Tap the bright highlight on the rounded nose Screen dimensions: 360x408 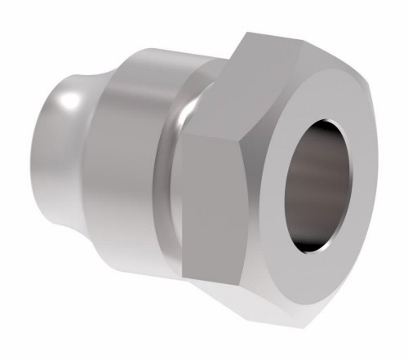coord(70,102)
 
